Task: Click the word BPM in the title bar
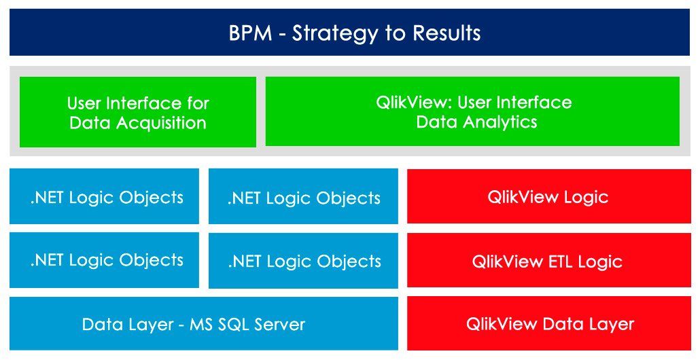[251, 33]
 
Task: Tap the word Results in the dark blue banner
[447, 33]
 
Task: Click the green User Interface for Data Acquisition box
[138, 112]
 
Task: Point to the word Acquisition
[161, 124]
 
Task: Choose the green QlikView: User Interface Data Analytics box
[473, 111]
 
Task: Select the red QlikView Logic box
[549, 196]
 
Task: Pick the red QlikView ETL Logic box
[549, 261]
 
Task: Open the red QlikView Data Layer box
[549, 324]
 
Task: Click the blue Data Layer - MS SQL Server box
[204, 323]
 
